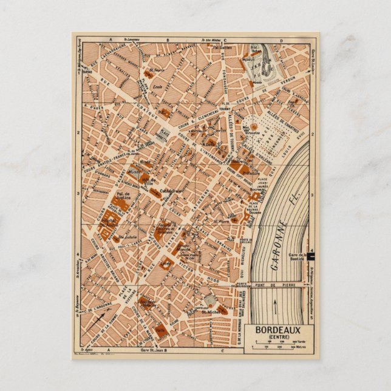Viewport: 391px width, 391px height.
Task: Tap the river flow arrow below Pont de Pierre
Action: [274, 302]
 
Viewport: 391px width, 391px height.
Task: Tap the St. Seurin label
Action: [157, 70]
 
